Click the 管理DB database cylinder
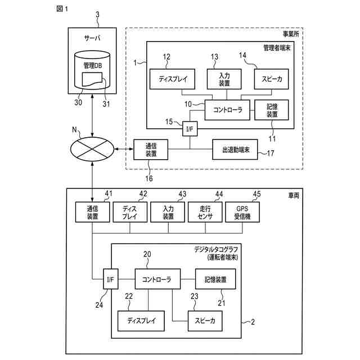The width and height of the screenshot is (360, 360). [92, 70]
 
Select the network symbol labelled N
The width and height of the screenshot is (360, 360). [92, 149]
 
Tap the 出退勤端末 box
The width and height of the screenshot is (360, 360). [235, 150]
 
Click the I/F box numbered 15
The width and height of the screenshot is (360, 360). [190, 129]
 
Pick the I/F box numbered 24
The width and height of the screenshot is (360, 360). [111, 279]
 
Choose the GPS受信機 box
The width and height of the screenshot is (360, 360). [242, 212]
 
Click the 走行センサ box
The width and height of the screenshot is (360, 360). [205, 212]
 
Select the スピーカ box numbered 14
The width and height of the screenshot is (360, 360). [271, 79]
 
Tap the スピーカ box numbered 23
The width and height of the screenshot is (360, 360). [205, 321]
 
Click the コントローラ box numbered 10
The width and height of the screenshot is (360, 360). [227, 110]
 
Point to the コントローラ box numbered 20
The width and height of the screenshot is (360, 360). [157, 279]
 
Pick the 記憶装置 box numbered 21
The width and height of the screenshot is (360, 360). [215, 279]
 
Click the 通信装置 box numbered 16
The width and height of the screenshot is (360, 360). [151, 150]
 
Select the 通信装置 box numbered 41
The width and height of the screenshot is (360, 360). [92, 212]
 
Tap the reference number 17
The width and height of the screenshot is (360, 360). [271, 153]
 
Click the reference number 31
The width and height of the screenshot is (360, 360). [106, 103]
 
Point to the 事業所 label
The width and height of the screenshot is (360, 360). [291, 34]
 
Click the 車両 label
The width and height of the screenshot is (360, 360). [294, 195]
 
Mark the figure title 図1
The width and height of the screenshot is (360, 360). [62, 9]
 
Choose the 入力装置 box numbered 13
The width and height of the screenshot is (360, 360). [224, 79]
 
